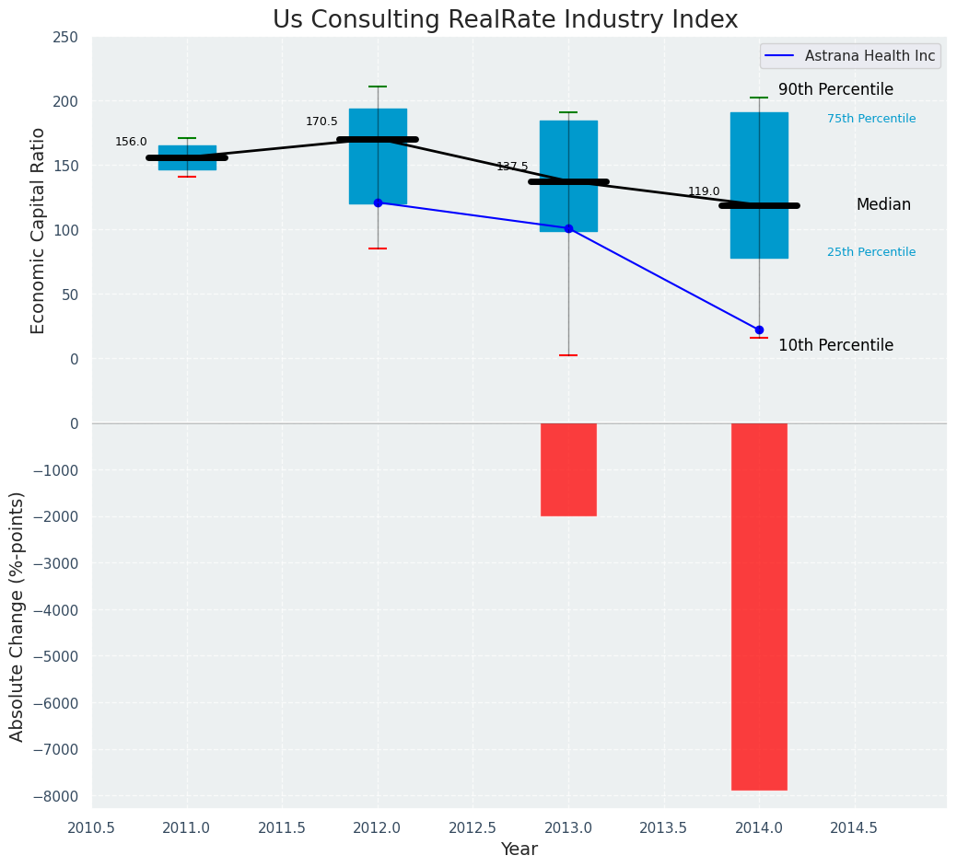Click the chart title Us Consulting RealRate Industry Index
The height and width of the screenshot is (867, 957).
click(506, 20)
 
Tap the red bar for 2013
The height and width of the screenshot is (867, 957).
click(568, 469)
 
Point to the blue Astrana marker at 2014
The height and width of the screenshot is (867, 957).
click(759, 329)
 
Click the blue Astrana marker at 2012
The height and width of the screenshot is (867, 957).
click(378, 202)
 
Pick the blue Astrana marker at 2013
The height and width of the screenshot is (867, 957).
click(568, 228)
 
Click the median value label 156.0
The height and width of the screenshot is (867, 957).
click(131, 142)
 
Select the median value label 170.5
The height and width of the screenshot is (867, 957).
click(321, 121)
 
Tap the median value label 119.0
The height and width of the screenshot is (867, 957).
click(704, 191)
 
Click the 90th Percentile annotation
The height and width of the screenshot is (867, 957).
click(835, 89)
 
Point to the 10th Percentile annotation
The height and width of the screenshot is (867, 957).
click(835, 345)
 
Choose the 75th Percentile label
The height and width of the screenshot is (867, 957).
click(871, 119)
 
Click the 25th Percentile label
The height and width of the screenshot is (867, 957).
click(871, 252)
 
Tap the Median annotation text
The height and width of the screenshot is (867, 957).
click(883, 204)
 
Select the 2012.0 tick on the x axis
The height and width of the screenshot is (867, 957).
click(378, 827)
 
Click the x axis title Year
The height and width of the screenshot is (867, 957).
click(519, 850)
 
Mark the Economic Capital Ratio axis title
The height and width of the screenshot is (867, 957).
click(39, 230)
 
